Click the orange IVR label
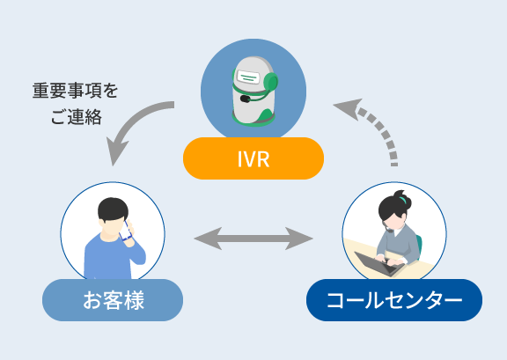point(253,158)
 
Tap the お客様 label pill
point(113,300)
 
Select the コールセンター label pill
point(394,300)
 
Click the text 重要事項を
point(75,91)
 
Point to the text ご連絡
point(77,117)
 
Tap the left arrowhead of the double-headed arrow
point(208,239)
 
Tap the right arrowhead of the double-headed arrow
point(299,239)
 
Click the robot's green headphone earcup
point(271,82)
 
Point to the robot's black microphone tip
point(245,99)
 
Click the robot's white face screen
point(248,77)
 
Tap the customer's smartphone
point(126,231)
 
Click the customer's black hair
point(113,209)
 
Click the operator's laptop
point(379,263)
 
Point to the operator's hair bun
point(402,198)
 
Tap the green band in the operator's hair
point(402,200)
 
